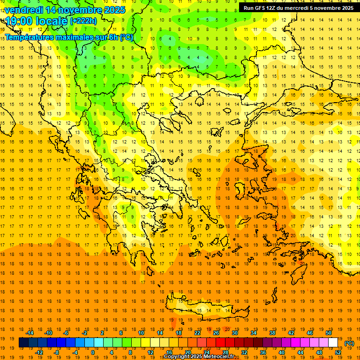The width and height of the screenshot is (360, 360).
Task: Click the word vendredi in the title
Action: (x=24, y=10)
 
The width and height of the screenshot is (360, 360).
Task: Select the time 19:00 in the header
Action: (x=20, y=21)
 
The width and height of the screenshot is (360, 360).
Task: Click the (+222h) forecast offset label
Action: (x=83, y=21)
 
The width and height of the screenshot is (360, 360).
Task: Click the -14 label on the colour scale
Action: (x=30, y=333)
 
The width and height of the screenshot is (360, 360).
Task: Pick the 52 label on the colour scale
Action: (x=338, y=352)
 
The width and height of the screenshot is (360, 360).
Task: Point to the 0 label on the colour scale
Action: (x=93, y=352)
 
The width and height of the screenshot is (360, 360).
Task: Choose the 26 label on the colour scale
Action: (x=216, y=333)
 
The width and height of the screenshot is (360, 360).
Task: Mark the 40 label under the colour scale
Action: (x=282, y=352)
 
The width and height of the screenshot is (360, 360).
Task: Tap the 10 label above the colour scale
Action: (x=141, y=333)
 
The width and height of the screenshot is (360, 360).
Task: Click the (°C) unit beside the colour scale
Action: (x=349, y=343)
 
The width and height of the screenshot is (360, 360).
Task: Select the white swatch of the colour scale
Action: (x=333, y=343)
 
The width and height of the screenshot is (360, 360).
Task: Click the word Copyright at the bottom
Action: (x=177, y=357)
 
